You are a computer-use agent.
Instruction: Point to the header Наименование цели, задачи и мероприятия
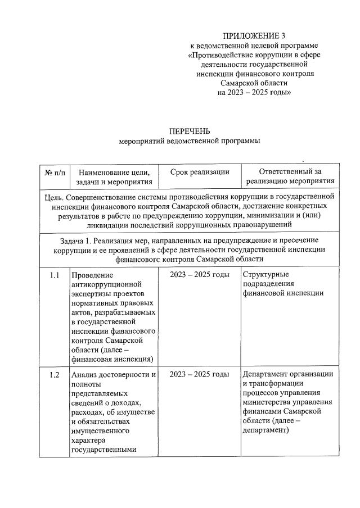[114, 176]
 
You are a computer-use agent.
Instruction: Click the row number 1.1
[55, 275]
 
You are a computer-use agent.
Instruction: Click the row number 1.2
[55, 375]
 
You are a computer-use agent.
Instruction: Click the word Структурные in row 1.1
[264, 275]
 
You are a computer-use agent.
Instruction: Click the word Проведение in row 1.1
[92, 275]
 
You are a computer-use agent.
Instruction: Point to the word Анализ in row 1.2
[85, 375]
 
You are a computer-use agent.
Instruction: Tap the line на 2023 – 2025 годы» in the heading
[254, 92]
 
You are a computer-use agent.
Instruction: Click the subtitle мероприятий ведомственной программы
[190, 141]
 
